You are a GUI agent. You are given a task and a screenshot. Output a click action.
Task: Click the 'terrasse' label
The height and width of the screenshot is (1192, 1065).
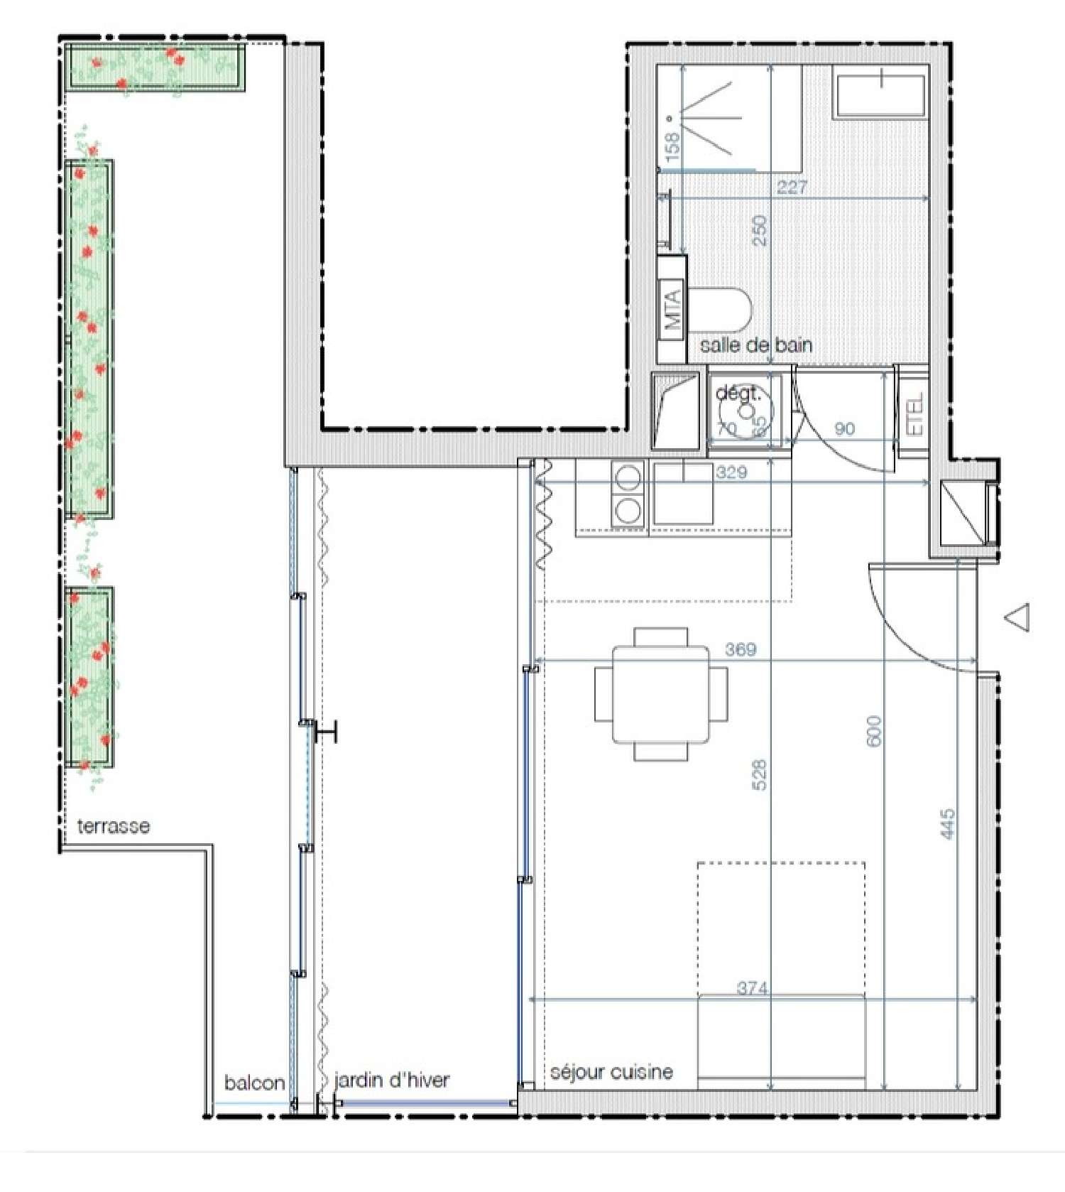pos(114,826)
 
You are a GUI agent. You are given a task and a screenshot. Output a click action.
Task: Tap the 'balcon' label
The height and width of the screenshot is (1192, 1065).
pos(254,1083)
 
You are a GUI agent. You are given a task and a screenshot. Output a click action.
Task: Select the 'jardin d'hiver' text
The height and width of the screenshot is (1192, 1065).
pos(391,1080)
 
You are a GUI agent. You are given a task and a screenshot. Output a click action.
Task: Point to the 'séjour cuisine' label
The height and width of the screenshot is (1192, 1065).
pos(611,1072)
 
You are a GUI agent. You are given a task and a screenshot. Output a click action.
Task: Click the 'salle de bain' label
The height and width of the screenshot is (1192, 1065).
pos(756,345)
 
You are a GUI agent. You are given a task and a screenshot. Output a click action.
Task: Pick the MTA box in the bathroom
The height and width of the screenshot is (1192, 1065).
pos(672,310)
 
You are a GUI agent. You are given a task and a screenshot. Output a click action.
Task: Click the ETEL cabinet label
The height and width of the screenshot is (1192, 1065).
pos(916,414)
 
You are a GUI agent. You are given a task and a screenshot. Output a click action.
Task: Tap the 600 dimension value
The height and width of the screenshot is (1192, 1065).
pos(874,730)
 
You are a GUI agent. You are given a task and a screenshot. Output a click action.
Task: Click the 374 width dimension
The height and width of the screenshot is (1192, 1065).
pos(752,988)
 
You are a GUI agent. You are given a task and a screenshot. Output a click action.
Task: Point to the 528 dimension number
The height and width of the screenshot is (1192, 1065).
pos(760,776)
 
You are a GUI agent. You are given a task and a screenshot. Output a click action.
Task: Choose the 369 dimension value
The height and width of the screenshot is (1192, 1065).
pos(741,649)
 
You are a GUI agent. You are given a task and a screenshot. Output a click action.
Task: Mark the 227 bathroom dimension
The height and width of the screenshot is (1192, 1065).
pos(792,188)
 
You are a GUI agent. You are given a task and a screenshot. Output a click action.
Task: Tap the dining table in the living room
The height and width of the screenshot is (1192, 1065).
pos(661,694)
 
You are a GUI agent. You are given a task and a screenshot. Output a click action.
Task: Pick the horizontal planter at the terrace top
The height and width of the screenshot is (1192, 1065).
pos(156,67)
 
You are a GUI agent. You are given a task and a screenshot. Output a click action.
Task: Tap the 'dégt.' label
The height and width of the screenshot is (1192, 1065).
pos(737,393)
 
